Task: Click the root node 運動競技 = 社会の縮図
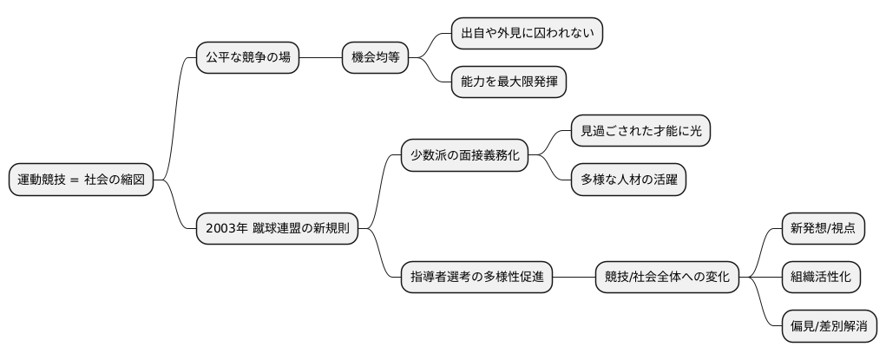tap(81, 180)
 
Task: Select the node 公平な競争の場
tap(247, 58)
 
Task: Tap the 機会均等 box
tap(375, 58)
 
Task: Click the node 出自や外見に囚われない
tap(527, 34)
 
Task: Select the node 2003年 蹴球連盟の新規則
tap(277, 229)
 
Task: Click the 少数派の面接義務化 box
tap(464, 156)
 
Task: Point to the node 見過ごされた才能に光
tap(641, 131)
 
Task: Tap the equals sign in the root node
tap(75, 180)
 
